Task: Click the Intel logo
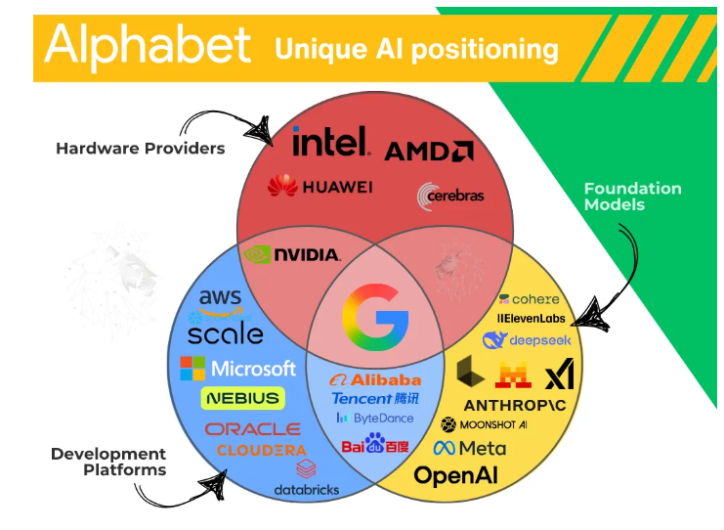tap(330, 142)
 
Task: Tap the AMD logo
tap(429, 151)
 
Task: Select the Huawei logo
tap(319, 186)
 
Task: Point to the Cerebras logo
tap(450, 196)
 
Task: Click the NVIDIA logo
tap(292, 254)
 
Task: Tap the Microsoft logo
tap(237, 369)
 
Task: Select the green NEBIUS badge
tap(242, 398)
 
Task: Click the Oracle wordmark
tap(252, 429)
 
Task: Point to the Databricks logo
tap(306, 478)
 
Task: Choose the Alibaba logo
tap(375, 379)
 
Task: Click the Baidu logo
tap(375, 446)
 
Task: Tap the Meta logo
tap(470, 448)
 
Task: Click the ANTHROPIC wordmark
tap(506, 404)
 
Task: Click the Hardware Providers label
tap(140, 149)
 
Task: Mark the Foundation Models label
tap(632, 197)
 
